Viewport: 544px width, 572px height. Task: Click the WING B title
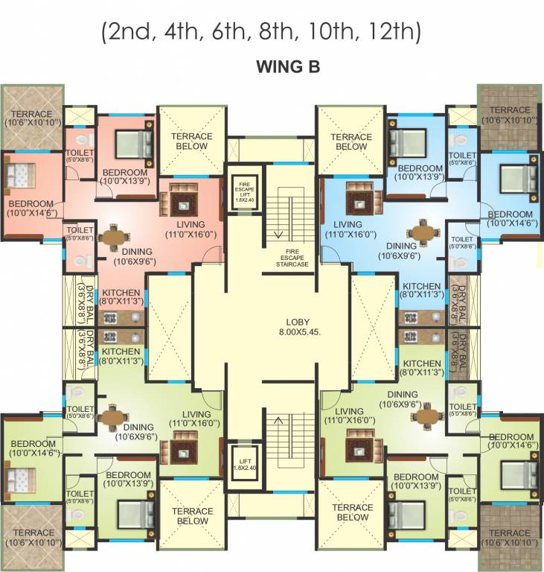click(287, 67)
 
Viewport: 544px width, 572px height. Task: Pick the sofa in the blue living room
click(362, 199)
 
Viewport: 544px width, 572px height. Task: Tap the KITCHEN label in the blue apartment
click(422, 286)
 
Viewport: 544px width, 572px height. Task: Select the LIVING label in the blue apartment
click(348, 224)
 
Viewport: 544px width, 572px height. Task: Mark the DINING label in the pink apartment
click(133, 252)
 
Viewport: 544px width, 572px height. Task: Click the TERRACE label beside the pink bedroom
click(32, 114)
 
